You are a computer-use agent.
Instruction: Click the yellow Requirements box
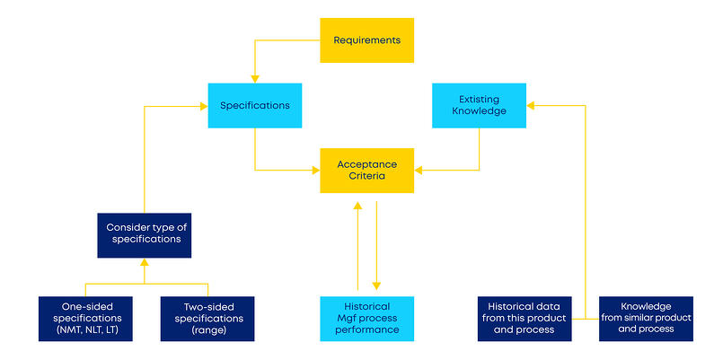(366, 40)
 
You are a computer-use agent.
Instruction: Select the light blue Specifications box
(255, 105)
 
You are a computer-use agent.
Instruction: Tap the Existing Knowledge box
(479, 105)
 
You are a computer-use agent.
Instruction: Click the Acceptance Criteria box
(366, 171)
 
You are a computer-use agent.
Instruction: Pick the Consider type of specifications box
(144, 233)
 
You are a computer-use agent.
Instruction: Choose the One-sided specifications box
(84, 319)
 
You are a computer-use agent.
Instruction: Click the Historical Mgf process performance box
(367, 319)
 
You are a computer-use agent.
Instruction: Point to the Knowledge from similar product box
(647, 319)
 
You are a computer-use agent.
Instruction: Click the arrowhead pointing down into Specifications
(255, 79)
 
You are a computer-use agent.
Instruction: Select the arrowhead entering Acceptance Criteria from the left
(315, 170)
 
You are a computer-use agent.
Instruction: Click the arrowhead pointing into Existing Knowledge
(531, 105)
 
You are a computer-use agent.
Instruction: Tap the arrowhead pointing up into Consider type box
(144, 262)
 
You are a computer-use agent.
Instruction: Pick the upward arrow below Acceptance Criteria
(358, 207)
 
